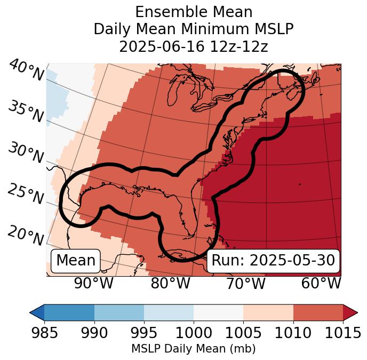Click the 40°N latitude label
click(x=26, y=71)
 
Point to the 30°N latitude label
click(x=25, y=153)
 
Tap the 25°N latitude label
click(x=25, y=194)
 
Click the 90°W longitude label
click(x=93, y=283)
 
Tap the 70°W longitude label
click(x=245, y=283)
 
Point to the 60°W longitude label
click(x=321, y=283)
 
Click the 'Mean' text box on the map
click(x=76, y=261)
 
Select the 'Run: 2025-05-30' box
click(x=273, y=261)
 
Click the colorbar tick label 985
click(x=44, y=333)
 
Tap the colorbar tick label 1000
click(x=194, y=333)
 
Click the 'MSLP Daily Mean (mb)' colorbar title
click(x=193, y=349)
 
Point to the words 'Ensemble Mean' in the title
click(x=193, y=12)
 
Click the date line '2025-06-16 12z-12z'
click(x=193, y=46)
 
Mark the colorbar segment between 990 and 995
click(x=119, y=312)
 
